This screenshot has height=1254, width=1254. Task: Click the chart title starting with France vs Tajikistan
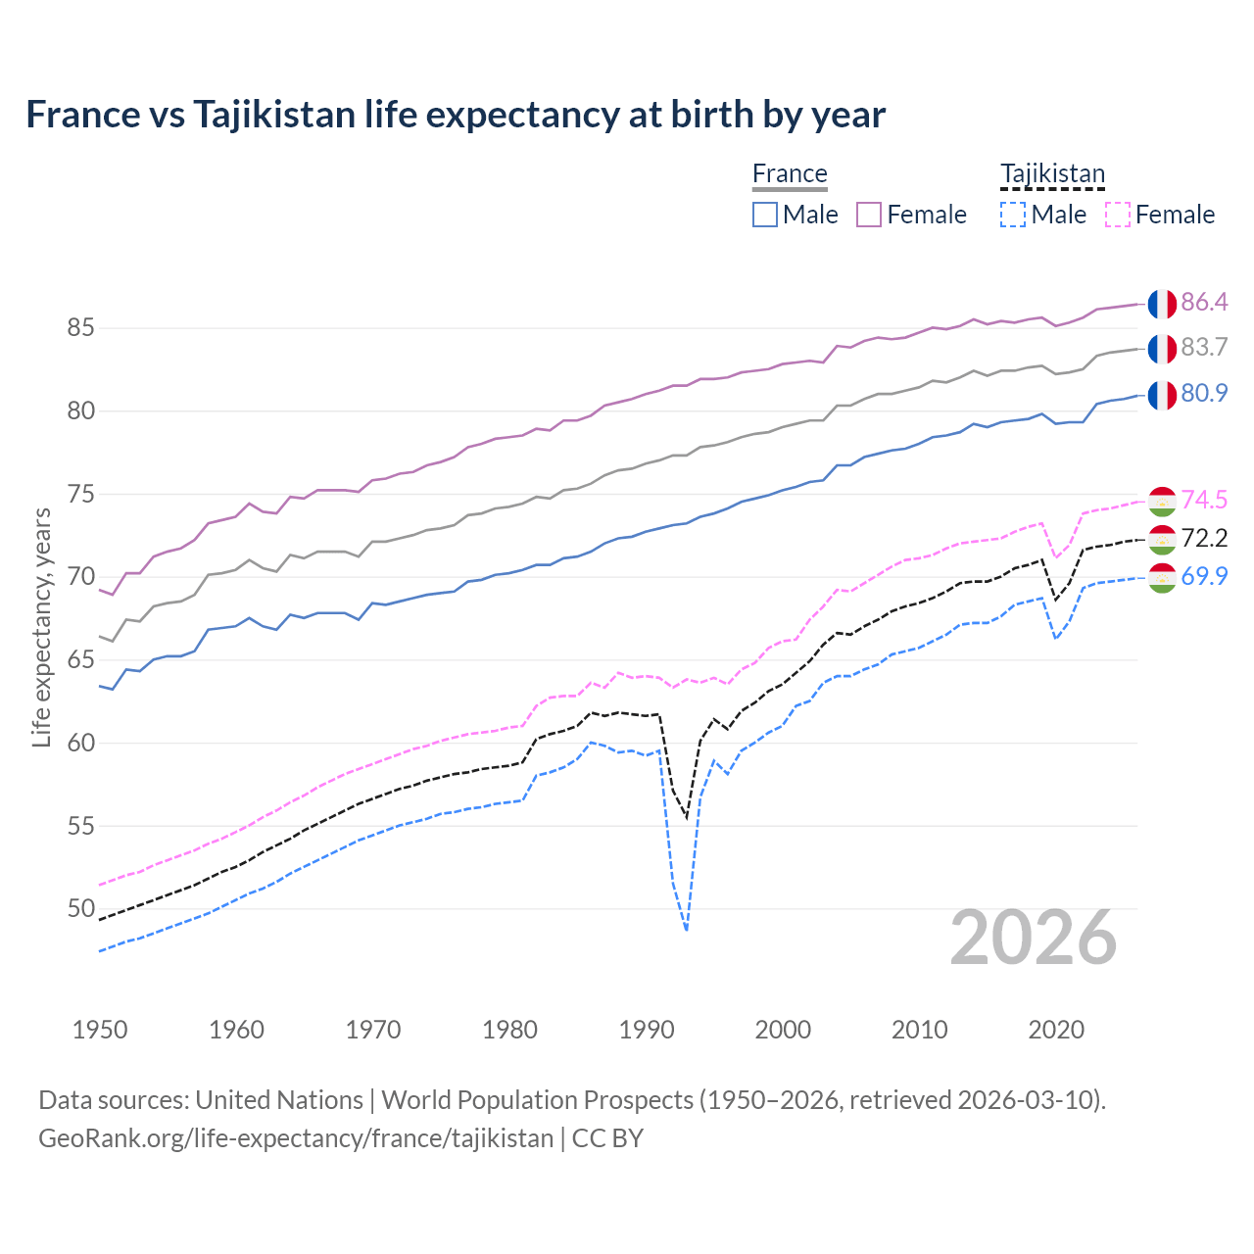pos(456,115)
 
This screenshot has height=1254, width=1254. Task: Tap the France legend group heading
pos(790,174)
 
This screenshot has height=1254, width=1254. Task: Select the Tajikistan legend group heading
pos(1052,174)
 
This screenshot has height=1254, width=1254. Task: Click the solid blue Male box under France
pos(765,215)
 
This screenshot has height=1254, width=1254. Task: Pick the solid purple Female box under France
pos(869,215)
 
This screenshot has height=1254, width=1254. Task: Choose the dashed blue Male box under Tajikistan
pos(1013,215)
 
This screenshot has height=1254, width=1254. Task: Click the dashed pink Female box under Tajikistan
pos(1117,215)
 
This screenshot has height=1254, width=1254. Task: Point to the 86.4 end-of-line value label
pos(1204,302)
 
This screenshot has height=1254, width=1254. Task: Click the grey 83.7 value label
pos(1204,348)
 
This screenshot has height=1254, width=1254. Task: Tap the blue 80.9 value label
pos(1204,393)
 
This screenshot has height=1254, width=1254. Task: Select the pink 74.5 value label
pos(1204,500)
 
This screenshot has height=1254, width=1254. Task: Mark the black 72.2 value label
pos(1204,538)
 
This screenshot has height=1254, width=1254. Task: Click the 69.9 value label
pos(1204,576)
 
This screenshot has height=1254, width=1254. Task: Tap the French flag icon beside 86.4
pos(1162,304)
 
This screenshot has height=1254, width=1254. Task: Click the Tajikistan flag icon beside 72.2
pos(1162,539)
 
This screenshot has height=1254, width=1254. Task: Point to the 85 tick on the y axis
pos(80,328)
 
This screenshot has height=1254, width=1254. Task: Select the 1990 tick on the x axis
pos(647,1030)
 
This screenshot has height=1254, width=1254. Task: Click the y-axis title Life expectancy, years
pos(41,627)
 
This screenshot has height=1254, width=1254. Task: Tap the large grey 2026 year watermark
pos(1034,938)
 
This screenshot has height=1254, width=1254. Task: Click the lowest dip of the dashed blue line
pos(687,929)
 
